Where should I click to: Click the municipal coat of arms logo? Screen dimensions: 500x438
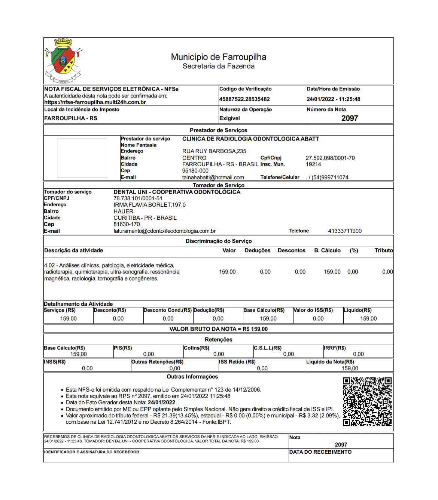coord(63,61)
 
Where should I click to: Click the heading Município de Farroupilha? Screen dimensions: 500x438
coord(219,57)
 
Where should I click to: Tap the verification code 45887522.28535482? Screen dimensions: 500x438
coord(244,99)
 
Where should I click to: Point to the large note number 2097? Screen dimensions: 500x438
coord(350,118)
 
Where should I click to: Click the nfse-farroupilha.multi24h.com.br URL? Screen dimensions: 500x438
coord(95,102)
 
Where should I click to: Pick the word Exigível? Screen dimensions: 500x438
coord(229,118)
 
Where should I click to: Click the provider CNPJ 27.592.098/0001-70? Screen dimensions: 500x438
coord(330,158)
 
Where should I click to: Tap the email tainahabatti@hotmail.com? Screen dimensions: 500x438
coord(213,178)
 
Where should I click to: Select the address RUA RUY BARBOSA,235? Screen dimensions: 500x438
coord(214,151)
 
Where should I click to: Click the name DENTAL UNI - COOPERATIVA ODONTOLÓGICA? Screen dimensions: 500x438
coord(177,192)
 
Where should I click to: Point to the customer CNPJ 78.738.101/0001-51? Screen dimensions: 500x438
coord(138,198)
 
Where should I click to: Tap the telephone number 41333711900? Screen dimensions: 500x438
coord(345,231)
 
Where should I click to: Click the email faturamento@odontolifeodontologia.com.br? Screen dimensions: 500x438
coord(165,231)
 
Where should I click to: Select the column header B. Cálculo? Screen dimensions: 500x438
coord(327,250)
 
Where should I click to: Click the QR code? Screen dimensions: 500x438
coord(367,402)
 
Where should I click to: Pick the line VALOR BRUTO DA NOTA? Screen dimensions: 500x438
coord(219,329)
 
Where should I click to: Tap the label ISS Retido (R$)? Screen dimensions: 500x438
coord(237,362)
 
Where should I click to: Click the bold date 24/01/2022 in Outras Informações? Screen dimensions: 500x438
coord(161,402)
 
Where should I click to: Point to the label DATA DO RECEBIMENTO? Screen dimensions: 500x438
coord(320,452)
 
